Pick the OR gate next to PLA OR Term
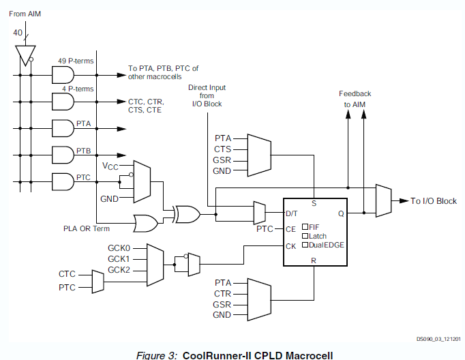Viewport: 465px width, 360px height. pos(146,222)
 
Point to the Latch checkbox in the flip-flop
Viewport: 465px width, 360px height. pos(305,236)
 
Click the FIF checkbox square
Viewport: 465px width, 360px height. pos(305,226)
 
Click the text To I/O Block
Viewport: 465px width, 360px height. pos(434,201)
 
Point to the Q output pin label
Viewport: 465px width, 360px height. pos(340,213)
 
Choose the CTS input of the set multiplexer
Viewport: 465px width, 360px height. pos(222,149)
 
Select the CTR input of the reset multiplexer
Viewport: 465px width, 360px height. pos(222,293)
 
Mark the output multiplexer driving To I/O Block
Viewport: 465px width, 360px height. pos(383,201)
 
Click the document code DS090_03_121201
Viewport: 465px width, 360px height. pos(438,338)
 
